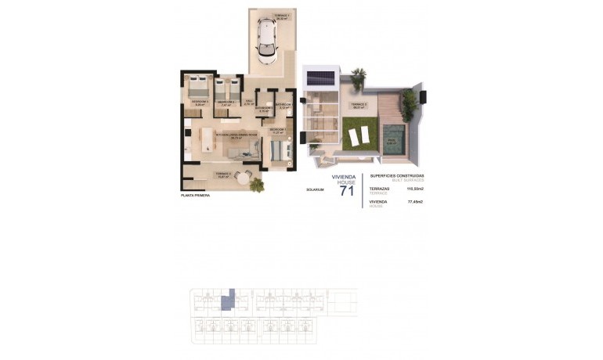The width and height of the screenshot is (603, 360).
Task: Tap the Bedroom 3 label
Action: pyautogui.click(x=199, y=102)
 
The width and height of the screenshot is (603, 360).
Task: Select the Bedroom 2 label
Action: pyautogui.click(x=226, y=102)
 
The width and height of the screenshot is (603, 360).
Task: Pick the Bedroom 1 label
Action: pyautogui.click(x=278, y=130)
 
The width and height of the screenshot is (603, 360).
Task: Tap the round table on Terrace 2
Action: pyautogui.click(x=244, y=178)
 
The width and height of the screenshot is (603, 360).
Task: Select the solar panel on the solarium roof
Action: pyautogui.click(x=320, y=78)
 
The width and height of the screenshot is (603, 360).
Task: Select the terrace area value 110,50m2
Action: pyautogui.click(x=416, y=189)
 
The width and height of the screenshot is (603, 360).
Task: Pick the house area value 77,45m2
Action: pyautogui.click(x=416, y=202)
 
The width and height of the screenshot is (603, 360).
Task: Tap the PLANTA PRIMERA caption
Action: pyautogui.click(x=195, y=195)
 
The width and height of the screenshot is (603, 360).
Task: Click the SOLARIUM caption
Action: pyautogui.click(x=316, y=189)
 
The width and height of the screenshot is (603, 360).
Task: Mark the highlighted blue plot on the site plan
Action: pyautogui.click(x=228, y=301)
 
